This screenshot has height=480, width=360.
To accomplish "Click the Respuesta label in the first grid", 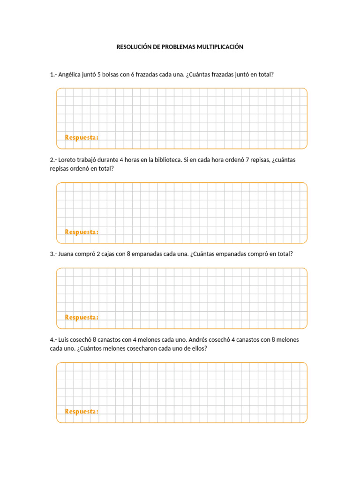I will point(82,137).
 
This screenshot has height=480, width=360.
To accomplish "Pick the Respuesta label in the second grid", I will point(82,232).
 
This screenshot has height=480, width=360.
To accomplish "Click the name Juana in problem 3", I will point(67,254).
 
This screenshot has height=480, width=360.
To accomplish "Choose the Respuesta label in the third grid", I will point(82,317).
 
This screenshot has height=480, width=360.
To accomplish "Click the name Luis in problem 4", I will point(64,340).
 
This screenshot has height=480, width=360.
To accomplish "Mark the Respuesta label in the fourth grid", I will point(82,412).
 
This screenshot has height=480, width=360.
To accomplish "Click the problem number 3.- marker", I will point(53,254).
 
